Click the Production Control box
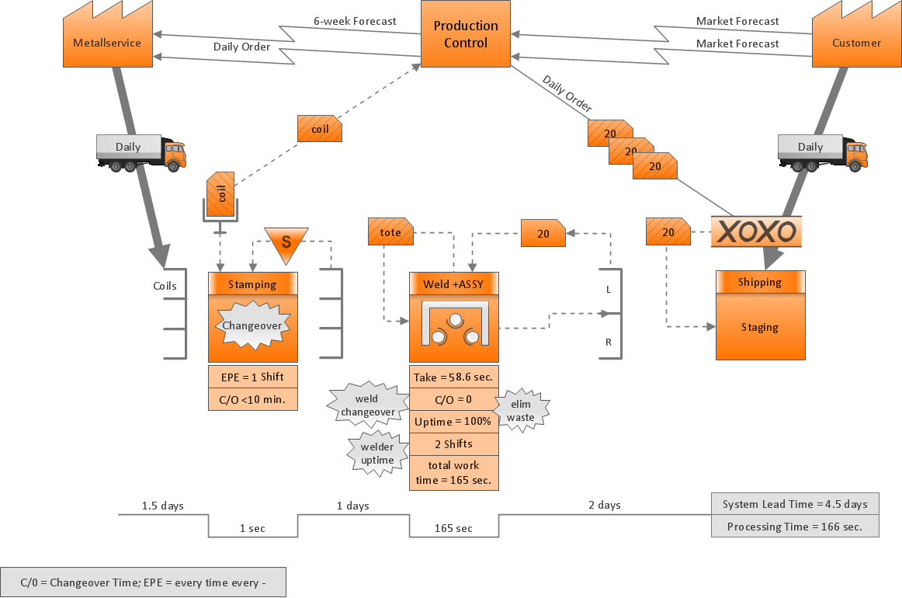tap(466, 34)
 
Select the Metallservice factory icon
tap(107, 40)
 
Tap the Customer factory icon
tap(856, 40)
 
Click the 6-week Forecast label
tap(354, 21)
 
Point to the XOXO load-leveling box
tap(755, 231)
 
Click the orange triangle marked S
tap(286, 241)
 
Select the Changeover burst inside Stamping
tap(252, 325)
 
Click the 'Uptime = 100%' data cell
tap(453, 422)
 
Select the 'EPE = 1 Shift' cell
tap(252, 377)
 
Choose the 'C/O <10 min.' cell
tap(252, 399)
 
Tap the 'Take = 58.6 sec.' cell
tap(453, 377)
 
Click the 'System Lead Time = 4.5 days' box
tap(795, 504)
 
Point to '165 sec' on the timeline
tap(453, 528)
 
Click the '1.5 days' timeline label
tap(162, 506)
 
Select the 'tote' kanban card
tap(390, 232)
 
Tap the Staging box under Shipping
tap(760, 327)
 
